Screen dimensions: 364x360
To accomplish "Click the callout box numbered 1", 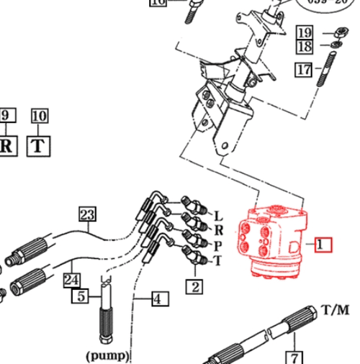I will (x=321, y=244).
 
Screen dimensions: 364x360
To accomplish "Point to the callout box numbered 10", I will (x=39, y=115).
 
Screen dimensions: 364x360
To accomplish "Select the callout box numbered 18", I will (x=305, y=47).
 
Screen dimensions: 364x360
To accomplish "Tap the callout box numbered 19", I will (x=305, y=32).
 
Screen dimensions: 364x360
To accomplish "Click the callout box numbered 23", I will (x=87, y=214).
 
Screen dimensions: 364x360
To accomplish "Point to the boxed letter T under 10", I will (x=39, y=146).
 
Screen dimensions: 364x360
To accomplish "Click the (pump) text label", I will (x=107, y=355).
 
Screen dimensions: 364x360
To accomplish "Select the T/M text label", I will (x=335, y=311).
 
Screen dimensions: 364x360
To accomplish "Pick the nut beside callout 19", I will (x=336, y=32).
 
